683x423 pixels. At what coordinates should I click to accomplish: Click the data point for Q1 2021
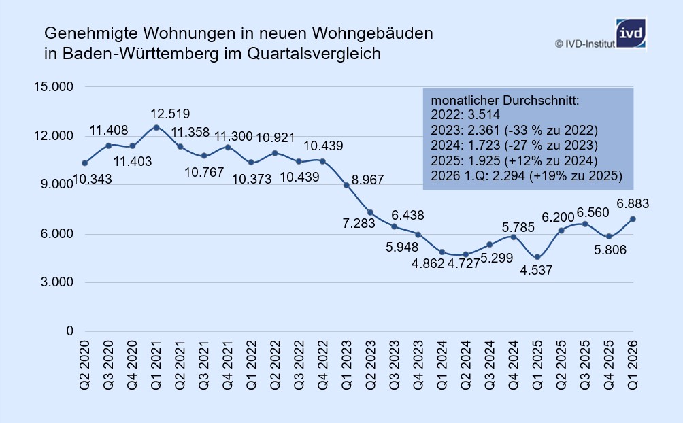click(x=156, y=128)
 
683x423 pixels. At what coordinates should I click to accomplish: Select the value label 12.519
click(x=170, y=114)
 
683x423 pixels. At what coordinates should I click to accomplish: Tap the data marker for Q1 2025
click(x=537, y=257)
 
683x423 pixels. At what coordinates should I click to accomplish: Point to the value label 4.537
click(x=536, y=271)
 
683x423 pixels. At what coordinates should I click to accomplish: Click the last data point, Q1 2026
click(x=633, y=219)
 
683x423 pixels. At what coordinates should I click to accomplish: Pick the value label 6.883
click(x=633, y=204)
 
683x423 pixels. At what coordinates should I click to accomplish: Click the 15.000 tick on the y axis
click(x=54, y=86)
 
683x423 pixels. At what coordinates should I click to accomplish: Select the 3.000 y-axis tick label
click(x=57, y=282)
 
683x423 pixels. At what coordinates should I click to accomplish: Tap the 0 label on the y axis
click(x=69, y=331)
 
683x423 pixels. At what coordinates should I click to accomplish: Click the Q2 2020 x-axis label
click(x=84, y=365)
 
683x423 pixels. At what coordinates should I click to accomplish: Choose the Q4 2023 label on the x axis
click(x=418, y=365)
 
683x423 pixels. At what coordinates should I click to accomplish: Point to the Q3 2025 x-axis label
click(x=585, y=365)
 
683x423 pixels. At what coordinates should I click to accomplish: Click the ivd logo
click(x=631, y=33)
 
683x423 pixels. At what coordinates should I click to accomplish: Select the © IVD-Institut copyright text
click(x=585, y=44)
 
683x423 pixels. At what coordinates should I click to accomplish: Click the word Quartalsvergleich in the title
click(x=314, y=54)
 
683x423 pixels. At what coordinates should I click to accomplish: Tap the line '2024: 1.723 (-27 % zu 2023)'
click(x=514, y=146)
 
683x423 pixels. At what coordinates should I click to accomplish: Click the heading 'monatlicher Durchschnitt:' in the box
click(x=505, y=101)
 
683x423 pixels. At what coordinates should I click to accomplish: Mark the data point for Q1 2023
click(x=347, y=185)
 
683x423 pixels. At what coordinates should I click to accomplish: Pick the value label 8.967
click(x=367, y=180)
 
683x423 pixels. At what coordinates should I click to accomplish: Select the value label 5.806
click(x=610, y=250)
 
